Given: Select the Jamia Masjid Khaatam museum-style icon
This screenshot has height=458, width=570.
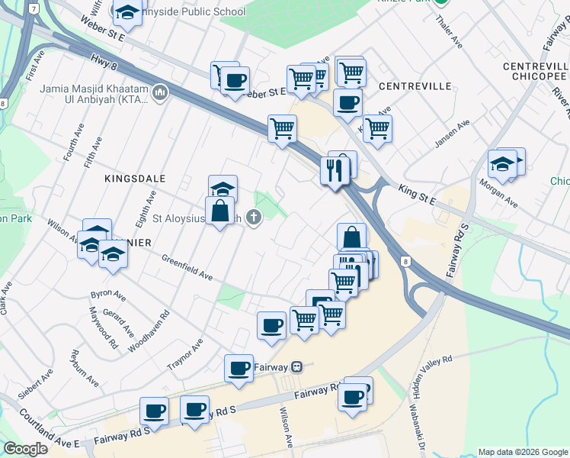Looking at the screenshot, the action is tap(160, 93).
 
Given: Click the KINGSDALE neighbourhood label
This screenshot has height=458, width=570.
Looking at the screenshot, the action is tap(135, 178).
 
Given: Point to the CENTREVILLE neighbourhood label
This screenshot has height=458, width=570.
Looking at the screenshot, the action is tap(415, 86).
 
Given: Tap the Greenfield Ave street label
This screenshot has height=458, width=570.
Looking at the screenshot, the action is tap(186, 267).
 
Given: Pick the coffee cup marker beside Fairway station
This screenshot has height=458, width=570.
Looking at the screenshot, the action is tap(239, 369).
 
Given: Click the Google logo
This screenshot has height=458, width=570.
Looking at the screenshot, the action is tap(26, 449).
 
